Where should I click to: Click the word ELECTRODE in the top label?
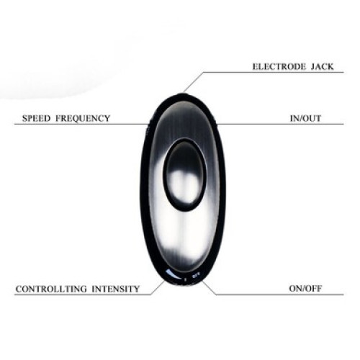pyautogui.click(x=279, y=66)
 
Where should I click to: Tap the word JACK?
pyautogui.click(x=322, y=66)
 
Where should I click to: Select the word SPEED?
pyautogui.click(x=37, y=118)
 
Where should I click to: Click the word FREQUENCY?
pyautogui.click(x=83, y=118)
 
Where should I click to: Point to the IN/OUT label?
pyautogui.click(x=305, y=118)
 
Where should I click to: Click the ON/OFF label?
pyautogui.click(x=305, y=288)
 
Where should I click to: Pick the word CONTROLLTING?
pyautogui.click(x=51, y=289)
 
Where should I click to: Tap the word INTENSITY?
pyautogui.click(x=115, y=289)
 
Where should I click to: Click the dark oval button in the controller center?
pyautogui.click(x=185, y=175)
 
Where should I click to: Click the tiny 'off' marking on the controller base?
pyautogui.click(x=196, y=276)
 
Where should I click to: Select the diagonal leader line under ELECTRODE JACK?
pyautogui.click(x=194, y=82)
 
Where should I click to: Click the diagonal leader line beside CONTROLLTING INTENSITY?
pyautogui.click(x=158, y=288)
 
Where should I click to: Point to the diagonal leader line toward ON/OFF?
pyautogui.click(x=209, y=288)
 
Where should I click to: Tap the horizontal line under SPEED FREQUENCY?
pyautogui.click(x=81, y=124)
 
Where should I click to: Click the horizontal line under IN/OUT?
pyautogui.click(x=280, y=124)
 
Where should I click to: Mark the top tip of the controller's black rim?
pyautogui.click(x=183, y=94)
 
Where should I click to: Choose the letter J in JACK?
pyautogui.click(x=313, y=66)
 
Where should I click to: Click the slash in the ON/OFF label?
pyautogui.click(x=305, y=288)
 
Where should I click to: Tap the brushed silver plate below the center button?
pyautogui.click(x=185, y=235)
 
